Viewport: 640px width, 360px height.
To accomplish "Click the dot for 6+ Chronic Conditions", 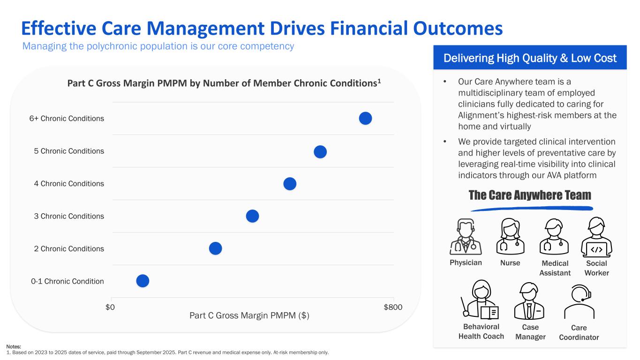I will (365, 119).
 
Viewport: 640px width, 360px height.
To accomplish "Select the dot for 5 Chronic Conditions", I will (320, 152).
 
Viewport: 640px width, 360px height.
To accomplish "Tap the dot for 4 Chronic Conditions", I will (290, 184).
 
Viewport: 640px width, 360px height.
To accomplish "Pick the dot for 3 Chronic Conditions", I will (252, 216).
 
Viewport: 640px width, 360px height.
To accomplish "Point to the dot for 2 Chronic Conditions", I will (215, 248).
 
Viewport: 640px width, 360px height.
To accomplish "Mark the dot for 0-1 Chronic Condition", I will (143, 281).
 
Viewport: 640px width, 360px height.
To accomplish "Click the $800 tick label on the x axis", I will (393, 307).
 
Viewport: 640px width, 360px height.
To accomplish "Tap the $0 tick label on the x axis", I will (110, 307).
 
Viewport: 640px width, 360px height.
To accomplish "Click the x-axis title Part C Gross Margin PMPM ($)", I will (249, 316).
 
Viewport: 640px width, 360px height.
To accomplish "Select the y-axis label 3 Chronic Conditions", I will (69, 216).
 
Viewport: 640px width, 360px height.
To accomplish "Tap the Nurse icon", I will (510, 237).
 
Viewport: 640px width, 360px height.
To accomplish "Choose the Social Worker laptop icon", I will (596, 237).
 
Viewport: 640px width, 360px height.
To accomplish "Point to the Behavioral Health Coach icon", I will (481, 301).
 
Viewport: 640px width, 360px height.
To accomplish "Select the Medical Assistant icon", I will (554, 237).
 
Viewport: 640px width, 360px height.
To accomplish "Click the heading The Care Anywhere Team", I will (530, 195).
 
